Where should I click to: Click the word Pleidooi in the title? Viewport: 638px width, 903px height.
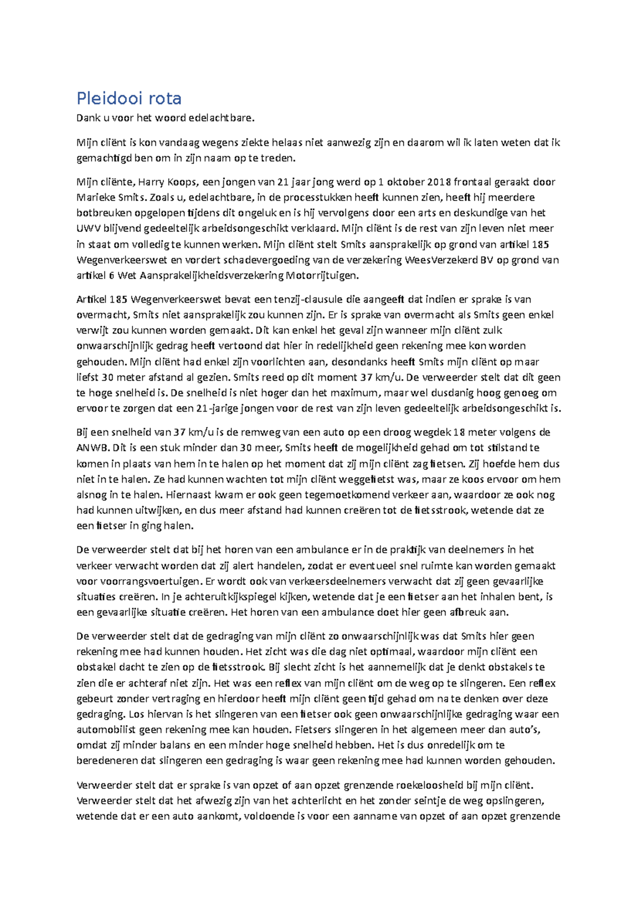pyautogui.click(x=110, y=98)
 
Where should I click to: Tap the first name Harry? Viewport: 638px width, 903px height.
pyautogui.click(x=151, y=182)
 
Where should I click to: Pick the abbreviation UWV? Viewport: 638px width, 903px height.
pyautogui.click(x=88, y=229)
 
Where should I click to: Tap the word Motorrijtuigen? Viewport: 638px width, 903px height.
pyautogui.click(x=322, y=275)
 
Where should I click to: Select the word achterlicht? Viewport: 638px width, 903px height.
pyautogui.click(x=317, y=800)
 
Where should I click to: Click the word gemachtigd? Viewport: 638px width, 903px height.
pyautogui.click(x=104, y=158)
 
